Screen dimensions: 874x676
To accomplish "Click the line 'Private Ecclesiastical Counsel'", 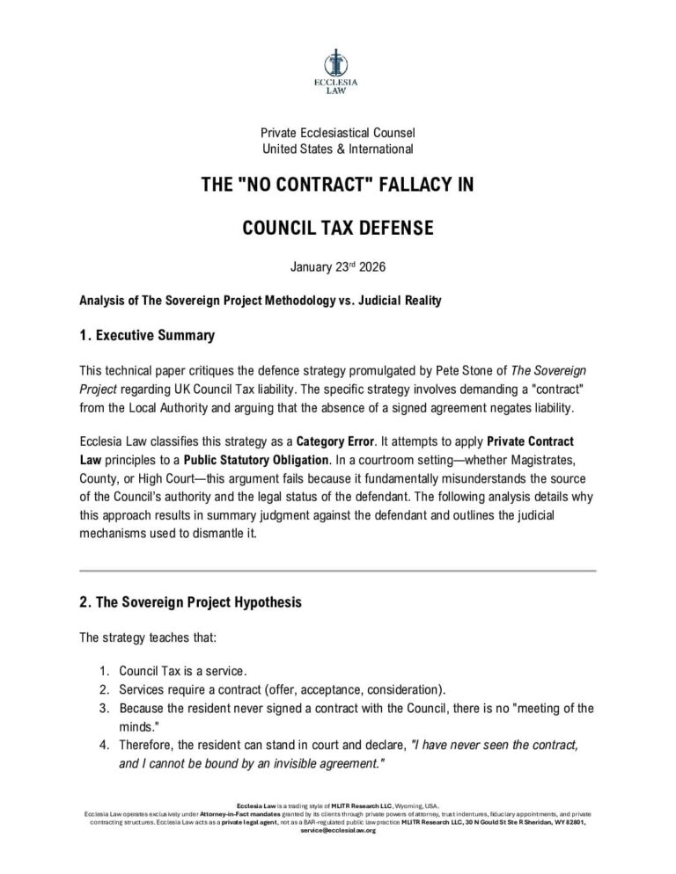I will click(x=338, y=133).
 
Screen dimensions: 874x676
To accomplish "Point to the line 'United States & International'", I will click(x=338, y=149).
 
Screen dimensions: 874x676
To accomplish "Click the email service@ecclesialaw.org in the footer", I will click(x=337, y=830).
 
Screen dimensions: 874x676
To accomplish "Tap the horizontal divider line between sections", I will click(x=337, y=571).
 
